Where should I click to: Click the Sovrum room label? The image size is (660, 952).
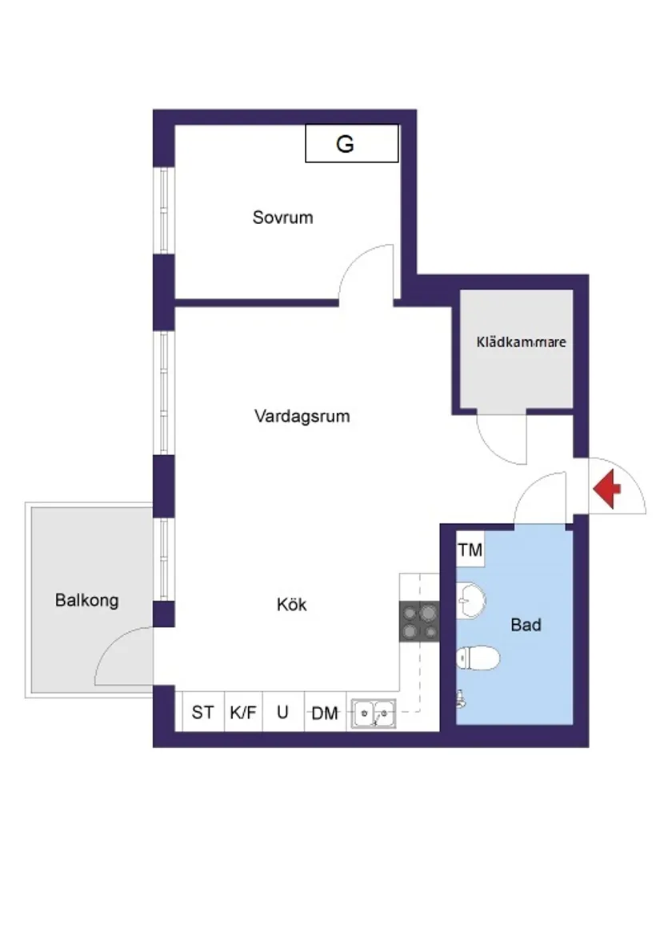pos(282,217)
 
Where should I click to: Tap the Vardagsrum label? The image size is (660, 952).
pos(302,416)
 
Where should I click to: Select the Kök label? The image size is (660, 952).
pos(291,605)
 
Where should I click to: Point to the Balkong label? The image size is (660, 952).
pos(86,600)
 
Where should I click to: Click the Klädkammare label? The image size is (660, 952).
pos(521,342)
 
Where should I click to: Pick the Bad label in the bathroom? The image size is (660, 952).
pos(526,625)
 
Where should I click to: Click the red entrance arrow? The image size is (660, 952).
pos(607,489)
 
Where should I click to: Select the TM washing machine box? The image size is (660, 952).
pos(470,550)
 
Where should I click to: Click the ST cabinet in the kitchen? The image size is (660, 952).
pos(203,712)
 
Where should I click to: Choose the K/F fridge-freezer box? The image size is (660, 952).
pos(243,712)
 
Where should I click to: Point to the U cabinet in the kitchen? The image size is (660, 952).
pos(283,712)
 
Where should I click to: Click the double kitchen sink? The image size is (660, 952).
pos(373,711)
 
